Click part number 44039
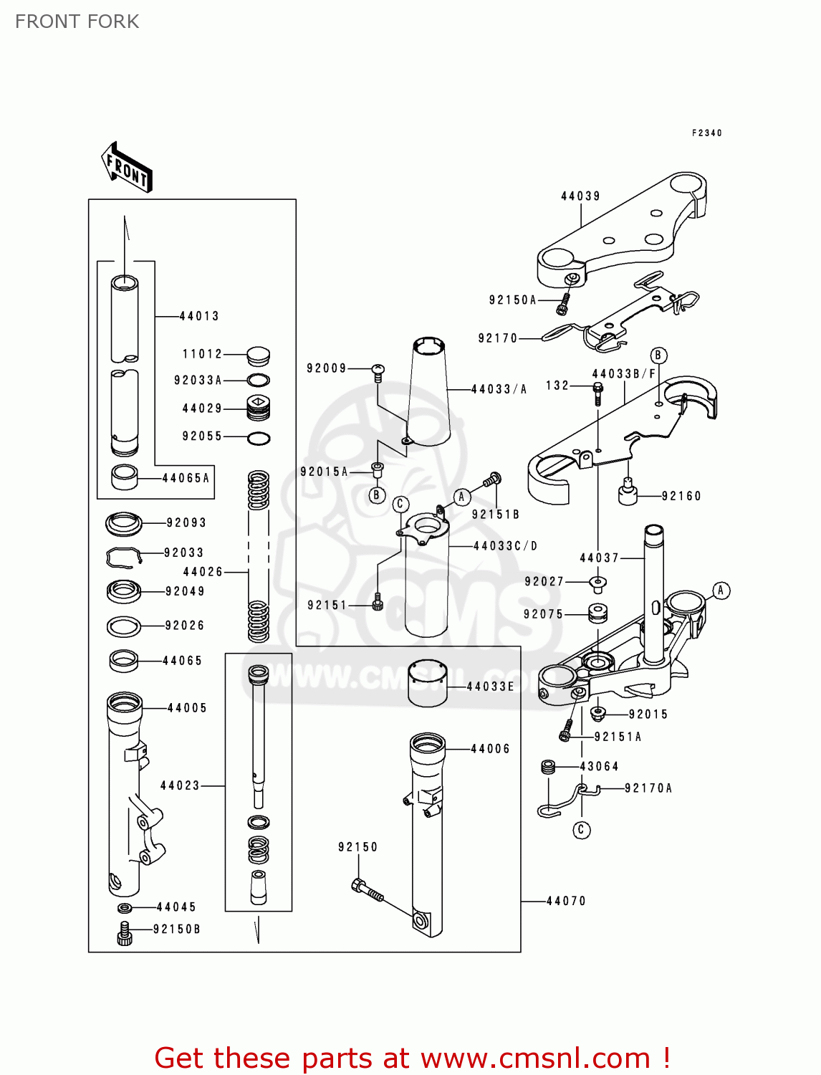[580, 196]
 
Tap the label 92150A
[513, 300]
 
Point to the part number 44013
[199, 316]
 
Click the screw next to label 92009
[378, 371]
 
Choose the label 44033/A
[499, 389]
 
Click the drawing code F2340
[707, 133]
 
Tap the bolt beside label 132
[597, 392]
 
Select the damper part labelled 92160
[628, 493]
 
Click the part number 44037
[599, 558]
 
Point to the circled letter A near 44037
[721, 591]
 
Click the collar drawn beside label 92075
[597, 613]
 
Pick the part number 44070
[566, 901]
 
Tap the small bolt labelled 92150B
[125, 935]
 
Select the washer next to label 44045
[124, 908]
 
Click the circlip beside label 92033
[125, 557]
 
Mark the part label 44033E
[491, 687]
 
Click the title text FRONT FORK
[77, 21]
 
